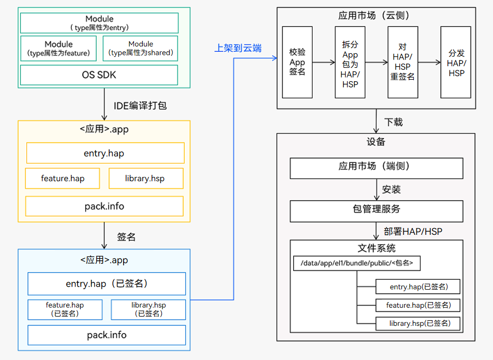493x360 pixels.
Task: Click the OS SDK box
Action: coord(99,75)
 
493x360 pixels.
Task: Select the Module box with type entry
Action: coord(99,23)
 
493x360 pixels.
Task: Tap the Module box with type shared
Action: coord(141,49)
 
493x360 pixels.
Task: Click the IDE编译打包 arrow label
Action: coord(140,106)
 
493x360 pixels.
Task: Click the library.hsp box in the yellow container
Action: coord(145,178)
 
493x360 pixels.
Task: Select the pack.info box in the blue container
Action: coord(107,335)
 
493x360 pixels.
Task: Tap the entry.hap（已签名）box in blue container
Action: coord(107,284)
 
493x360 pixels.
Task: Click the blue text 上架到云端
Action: coord(238,49)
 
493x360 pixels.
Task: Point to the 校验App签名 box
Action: coord(297,62)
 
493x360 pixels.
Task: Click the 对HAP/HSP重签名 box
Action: coord(402,63)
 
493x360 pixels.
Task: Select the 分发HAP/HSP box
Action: coord(456,63)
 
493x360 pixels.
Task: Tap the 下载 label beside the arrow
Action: coord(394,123)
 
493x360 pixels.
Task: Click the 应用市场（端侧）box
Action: coord(376,167)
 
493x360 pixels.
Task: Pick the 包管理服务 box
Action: coord(376,210)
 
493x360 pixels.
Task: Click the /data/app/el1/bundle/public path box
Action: coord(356,263)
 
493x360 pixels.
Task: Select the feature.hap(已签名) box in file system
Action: coord(418,305)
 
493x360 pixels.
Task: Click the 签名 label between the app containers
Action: coord(126,237)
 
